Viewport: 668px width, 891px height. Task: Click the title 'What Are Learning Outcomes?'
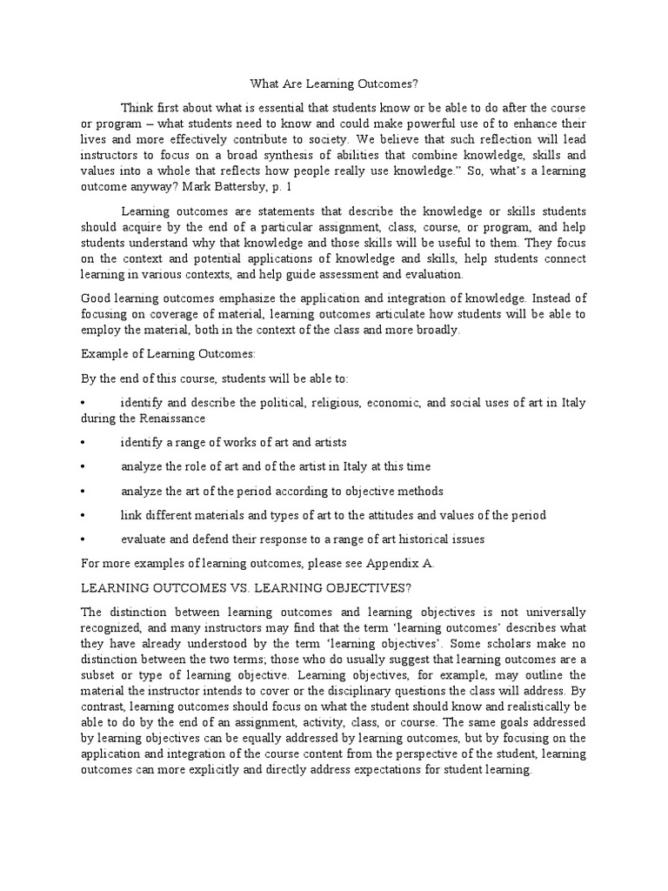334,84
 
